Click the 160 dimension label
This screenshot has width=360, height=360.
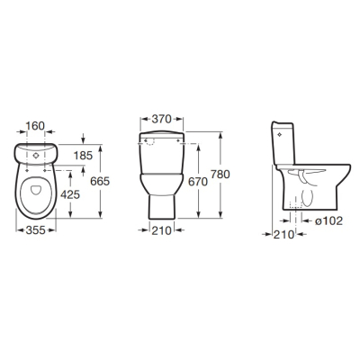pyautogui.click(x=35, y=126)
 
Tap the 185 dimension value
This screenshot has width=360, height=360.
pyautogui.click(x=83, y=156)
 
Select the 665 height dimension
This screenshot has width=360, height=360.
pyautogui.click(x=100, y=181)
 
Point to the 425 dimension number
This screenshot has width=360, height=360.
pyautogui.click(x=70, y=195)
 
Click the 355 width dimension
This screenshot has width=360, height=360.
pyautogui.click(x=36, y=230)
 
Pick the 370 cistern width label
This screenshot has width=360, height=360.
pyautogui.click(x=161, y=119)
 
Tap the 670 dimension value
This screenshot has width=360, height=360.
pyautogui.click(x=198, y=182)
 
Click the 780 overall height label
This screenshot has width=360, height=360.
pyautogui.click(x=220, y=175)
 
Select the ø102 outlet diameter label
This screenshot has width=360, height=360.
pyautogui.click(x=328, y=221)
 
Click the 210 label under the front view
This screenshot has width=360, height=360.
pyautogui.click(x=161, y=230)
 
